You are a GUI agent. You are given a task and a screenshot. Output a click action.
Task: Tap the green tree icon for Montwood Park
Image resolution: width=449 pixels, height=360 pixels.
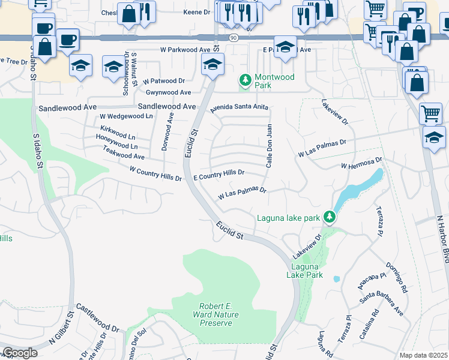click(x=245, y=80)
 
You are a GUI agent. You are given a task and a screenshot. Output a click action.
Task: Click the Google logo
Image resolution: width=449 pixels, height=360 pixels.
click(x=20, y=353)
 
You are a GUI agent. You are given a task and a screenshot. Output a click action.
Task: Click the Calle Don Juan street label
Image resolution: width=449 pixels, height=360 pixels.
click(x=270, y=146)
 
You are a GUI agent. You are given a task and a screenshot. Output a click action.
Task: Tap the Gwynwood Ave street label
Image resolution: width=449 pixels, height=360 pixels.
click(x=168, y=92)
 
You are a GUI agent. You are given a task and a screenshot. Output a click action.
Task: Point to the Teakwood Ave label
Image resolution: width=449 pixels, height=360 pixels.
click(x=124, y=156)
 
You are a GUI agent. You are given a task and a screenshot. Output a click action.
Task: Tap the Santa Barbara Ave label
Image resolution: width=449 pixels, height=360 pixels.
click(x=382, y=302)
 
